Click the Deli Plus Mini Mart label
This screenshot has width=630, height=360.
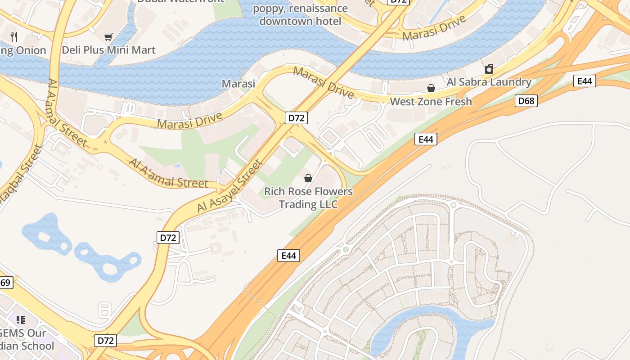[x=108, y=50]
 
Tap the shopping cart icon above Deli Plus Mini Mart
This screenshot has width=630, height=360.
[x=108, y=37]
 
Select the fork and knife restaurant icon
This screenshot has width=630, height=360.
[x=14, y=37]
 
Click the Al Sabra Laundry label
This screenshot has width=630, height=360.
[x=489, y=82]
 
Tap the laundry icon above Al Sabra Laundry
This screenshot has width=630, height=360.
[x=489, y=69]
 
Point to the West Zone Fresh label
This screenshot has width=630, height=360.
[x=431, y=101]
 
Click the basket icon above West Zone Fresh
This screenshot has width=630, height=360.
[x=431, y=88]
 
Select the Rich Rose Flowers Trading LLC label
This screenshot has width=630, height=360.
[x=308, y=198]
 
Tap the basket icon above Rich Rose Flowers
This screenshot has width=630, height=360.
[x=308, y=178]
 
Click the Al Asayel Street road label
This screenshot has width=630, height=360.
[x=229, y=186]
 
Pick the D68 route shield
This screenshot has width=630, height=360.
[x=526, y=101]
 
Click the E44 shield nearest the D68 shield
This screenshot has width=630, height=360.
[x=585, y=81]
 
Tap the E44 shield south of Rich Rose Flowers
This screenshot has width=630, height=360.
[x=288, y=256]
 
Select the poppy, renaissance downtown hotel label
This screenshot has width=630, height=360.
[x=300, y=14]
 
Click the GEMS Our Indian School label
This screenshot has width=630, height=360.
[x=25, y=340]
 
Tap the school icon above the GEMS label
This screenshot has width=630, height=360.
[x=21, y=320]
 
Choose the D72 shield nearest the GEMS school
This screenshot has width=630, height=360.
[x=106, y=341]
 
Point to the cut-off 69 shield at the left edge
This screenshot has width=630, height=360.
[x=5, y=283]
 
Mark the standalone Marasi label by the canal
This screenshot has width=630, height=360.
[x=238, y=83]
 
